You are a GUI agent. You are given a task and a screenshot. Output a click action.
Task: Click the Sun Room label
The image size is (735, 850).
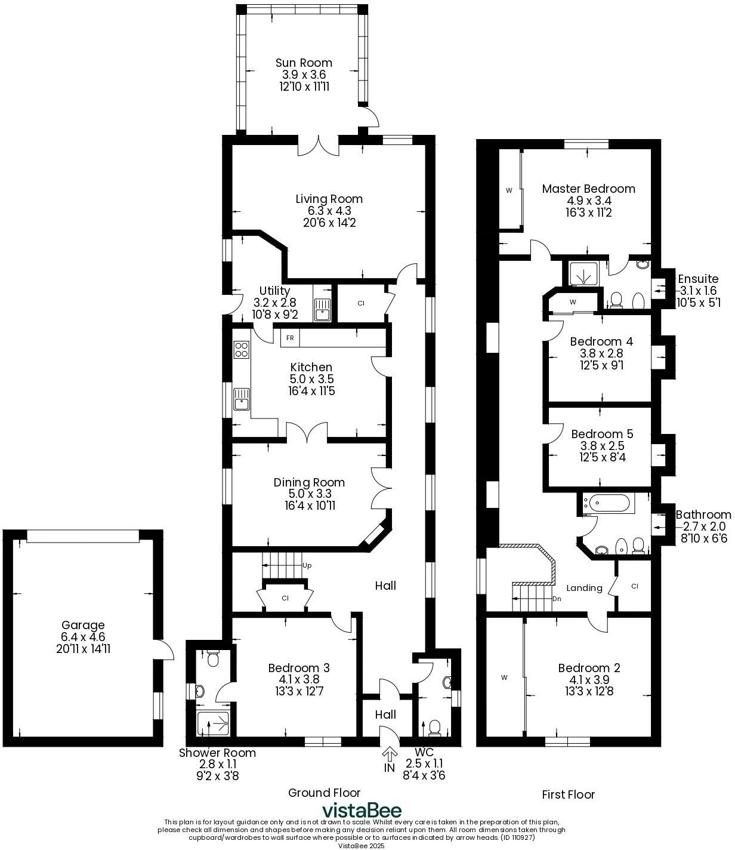tap(304, 63)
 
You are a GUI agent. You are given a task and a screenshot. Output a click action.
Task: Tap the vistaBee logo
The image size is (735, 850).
tap(362, 811)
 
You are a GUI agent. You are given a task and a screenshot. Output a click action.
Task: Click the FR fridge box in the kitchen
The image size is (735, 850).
tap(290, 338)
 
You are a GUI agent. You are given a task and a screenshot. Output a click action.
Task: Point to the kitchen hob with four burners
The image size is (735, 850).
tap(242, 349)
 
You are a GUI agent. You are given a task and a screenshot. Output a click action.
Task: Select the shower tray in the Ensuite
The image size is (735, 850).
tap(579, 274)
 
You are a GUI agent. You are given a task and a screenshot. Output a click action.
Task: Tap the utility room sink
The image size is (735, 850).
tap(322, 310)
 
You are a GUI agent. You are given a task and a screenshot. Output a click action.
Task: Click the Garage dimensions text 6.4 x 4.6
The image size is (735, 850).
tap(83, 637)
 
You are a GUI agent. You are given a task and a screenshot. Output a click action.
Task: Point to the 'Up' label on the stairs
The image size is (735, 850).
tap(307, 565)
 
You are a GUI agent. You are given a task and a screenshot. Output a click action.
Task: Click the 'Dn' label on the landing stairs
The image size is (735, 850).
tap(557, 599)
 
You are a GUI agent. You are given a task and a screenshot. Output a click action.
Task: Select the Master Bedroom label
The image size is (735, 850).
tap(588, 189)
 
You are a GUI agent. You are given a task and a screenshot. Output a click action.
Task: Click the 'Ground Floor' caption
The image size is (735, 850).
tap(324, 793)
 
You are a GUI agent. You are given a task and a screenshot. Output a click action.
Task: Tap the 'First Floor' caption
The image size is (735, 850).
tap(568, 794)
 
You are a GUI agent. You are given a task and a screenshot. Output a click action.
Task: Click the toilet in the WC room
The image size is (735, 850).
tap(435, 726)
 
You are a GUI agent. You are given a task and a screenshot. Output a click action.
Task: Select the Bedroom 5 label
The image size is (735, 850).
tap(602, 434)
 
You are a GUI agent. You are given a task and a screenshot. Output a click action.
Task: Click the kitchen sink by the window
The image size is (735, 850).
tap(242, 399)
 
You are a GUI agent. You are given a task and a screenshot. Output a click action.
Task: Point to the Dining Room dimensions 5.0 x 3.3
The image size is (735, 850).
tap(310, 494)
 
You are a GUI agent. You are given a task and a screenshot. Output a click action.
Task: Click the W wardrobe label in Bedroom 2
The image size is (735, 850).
tap(504, 677)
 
